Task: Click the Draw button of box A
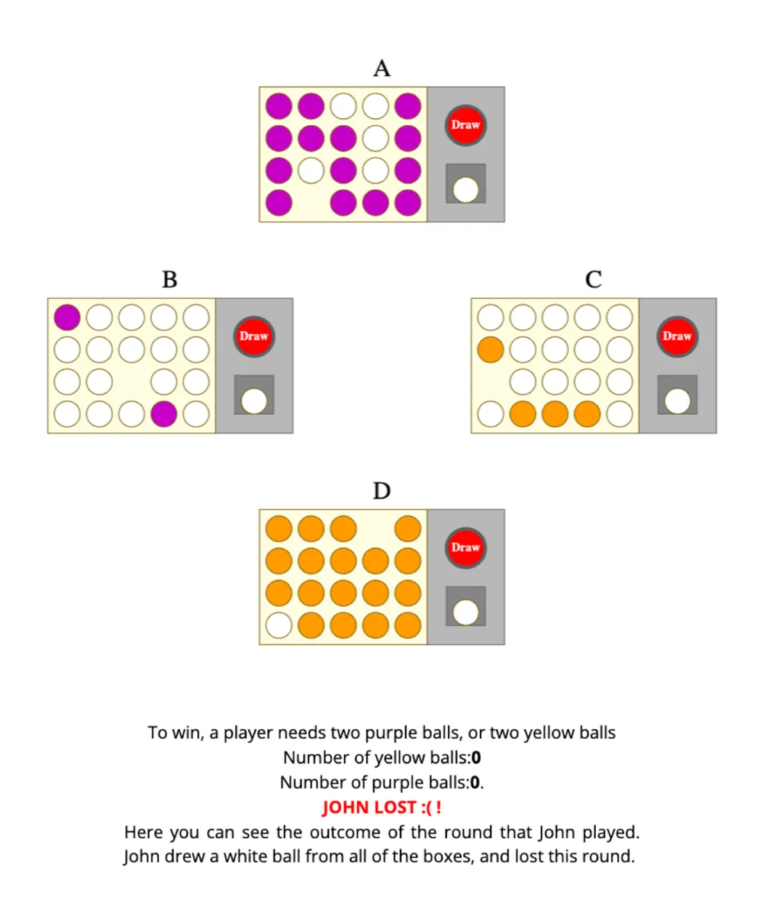(465, 125)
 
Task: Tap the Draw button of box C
(677, 336)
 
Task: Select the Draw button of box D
(465, 548)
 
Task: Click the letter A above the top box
(381, 69)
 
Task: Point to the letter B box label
(169, 280)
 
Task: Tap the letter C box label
(594, 280)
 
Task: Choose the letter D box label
(381, 490)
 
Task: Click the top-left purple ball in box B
(67, 317)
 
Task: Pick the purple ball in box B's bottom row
(164, 414)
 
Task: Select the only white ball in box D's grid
(278, 625)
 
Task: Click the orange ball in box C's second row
(491, 350)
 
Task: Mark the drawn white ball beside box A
(465, 190)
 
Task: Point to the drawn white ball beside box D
(465, 612)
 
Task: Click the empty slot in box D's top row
(375, 528)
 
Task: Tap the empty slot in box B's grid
(132, 382)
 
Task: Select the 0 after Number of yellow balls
(476, 758)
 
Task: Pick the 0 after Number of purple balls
(475, 782)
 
